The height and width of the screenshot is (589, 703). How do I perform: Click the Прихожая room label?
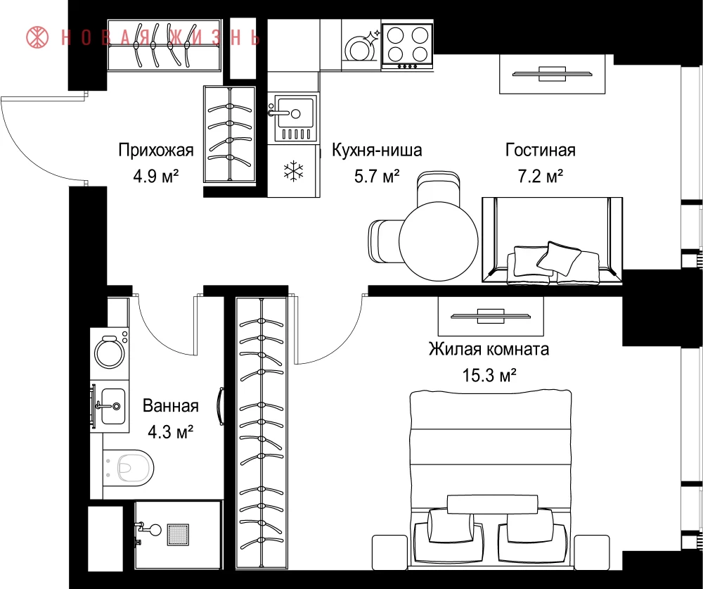pos(156,150)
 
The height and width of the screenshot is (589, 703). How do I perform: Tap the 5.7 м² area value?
pos(377,177)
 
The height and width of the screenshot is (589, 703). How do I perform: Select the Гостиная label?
pos(540,150)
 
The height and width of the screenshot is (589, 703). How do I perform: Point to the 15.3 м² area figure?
pos(489,375)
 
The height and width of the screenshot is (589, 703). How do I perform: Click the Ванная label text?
pos(170,406)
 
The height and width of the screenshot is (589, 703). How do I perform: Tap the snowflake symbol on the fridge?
pos(294,171)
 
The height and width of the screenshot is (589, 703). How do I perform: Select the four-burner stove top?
pos(407,45)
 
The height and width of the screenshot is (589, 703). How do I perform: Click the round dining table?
pos(439,241)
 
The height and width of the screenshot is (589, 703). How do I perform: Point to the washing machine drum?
pos(110,353)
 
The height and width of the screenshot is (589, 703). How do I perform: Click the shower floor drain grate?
pos(178,534)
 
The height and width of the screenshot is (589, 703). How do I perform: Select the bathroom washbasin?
pos(112,406)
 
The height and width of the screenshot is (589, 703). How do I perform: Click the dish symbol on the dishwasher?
pos(359,48)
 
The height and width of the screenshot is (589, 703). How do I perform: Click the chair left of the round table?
pos(385,241)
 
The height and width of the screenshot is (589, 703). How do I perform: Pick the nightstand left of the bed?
pos(389,552)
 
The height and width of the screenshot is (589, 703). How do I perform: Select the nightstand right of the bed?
pos(592,552)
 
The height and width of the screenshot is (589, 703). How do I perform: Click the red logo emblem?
pos(37,37)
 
